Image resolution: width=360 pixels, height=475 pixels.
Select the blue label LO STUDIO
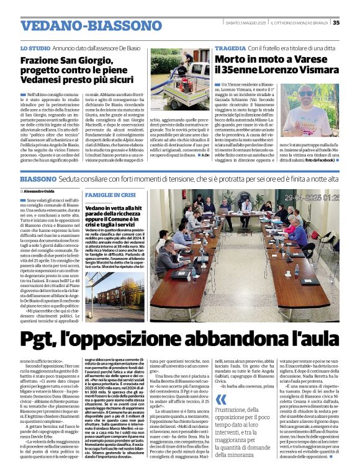(35, 48)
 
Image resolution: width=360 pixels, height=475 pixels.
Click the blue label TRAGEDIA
(230, 48)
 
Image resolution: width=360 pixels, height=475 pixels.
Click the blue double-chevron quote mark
(219, 411)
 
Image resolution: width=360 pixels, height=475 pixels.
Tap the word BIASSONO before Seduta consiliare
(38, 179)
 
